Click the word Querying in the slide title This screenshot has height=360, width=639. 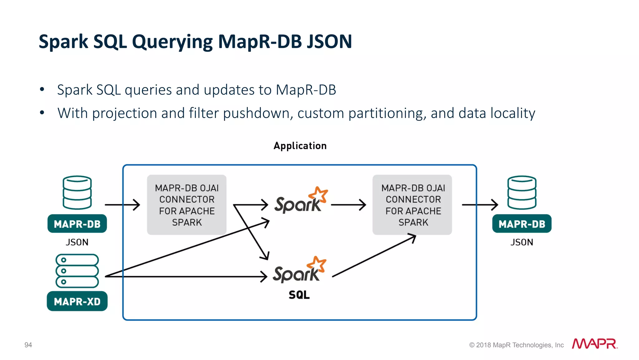172,42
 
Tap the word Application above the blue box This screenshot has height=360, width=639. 300,146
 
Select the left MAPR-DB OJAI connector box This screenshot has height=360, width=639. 187,205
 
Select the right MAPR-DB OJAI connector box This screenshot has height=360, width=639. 412,205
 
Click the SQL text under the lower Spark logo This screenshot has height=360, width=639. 299,295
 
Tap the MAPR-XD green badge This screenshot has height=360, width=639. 77,301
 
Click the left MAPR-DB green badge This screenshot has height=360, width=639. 77,224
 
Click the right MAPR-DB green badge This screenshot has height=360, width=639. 522,224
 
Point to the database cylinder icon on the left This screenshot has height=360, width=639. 77,192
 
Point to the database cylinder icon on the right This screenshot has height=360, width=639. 522,192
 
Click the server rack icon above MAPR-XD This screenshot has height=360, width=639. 77,271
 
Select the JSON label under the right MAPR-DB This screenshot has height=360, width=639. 522,242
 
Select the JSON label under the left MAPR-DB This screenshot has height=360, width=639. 77,242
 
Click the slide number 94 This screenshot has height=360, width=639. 28,345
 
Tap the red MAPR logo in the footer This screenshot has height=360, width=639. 594,344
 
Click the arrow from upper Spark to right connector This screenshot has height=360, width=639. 348,205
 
